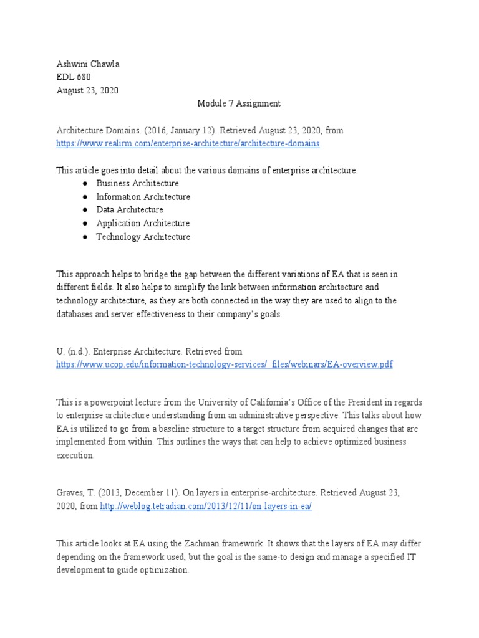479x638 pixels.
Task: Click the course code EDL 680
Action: point(74,77)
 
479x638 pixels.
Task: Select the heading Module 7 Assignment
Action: point(239,103)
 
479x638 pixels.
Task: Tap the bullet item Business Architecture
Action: point(137,183)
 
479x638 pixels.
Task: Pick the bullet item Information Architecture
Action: point(143,197)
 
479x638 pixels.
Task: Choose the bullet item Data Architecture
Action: point(129,210)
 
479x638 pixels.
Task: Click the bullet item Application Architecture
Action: point(143,223)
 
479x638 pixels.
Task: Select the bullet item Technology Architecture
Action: point(143,237)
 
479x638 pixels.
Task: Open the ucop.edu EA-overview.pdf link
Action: point(225,364)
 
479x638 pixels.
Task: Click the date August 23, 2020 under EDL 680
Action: point(87,90)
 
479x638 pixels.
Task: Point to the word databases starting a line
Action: point(77,314)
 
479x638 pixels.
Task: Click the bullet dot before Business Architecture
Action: point(84,184)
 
